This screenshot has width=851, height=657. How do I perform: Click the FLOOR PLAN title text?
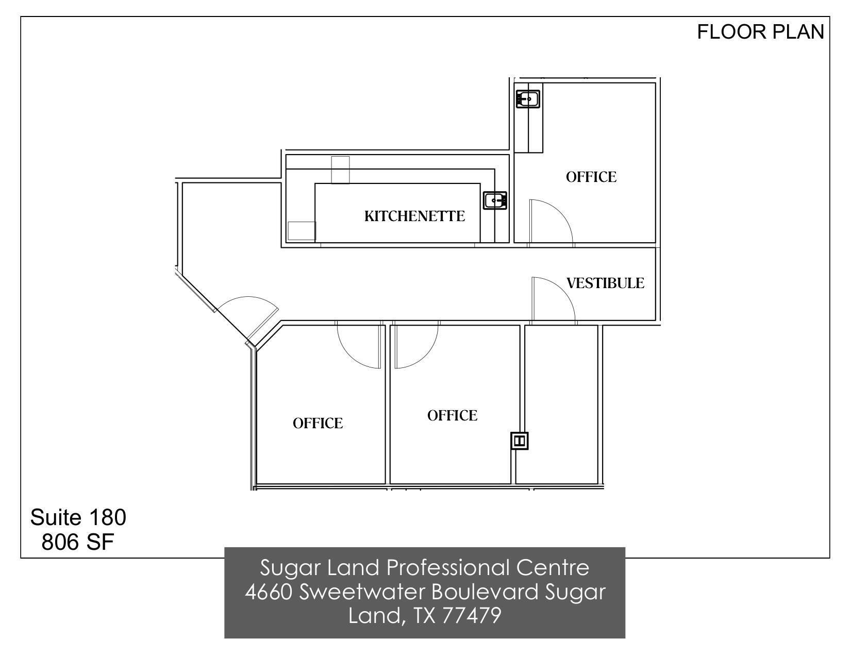(x=760, y=32)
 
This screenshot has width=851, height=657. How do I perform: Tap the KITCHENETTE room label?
(x=414, y=216)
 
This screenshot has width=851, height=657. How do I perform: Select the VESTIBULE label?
(x=605, y=283)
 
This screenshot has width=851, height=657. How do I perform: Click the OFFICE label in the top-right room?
(x=591, y=177)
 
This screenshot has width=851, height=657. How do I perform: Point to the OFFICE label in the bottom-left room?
(x=318, y=423)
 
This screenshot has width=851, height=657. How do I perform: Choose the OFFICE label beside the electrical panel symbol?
(x=452, y=415)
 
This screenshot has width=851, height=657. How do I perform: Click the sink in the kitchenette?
(x=495, y=200)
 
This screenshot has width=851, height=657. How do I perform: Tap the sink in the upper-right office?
(x=528, y=98)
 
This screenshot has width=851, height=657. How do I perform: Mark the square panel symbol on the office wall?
(x=520, y=441)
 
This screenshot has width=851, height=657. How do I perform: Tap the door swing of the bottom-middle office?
(x=416, y=345)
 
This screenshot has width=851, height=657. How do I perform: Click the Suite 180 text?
(x=78, y=517)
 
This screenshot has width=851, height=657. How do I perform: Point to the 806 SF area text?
(x=77, y=542)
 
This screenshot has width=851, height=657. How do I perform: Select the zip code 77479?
(x=471, y=615)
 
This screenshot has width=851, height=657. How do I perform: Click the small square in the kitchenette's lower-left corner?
(x=301, y=231)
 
